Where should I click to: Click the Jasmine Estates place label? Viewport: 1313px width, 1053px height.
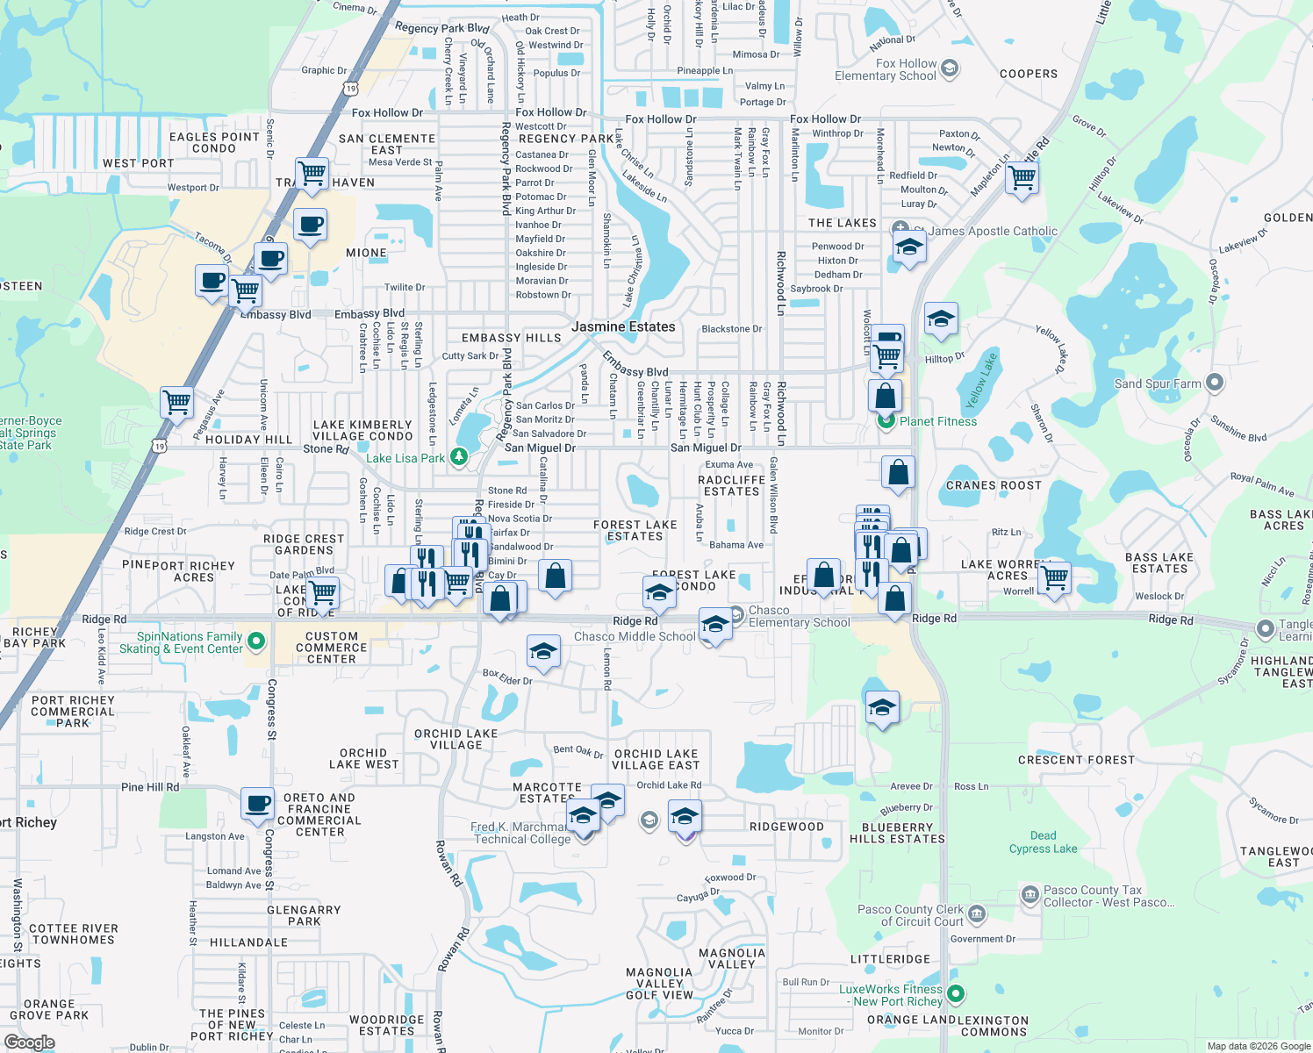(623, 326)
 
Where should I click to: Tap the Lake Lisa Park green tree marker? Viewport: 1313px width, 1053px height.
(458, 457)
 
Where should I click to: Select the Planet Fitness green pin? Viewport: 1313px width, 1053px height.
(886, 421)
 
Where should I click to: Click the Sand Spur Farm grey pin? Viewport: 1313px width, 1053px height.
(1215, 383)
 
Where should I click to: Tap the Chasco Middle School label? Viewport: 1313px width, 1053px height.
(635, 636)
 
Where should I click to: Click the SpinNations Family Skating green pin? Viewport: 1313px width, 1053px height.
(256, 641)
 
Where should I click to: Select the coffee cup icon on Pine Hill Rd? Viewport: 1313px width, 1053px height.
(257, 804)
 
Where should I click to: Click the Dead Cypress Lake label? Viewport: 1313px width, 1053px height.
(1043, 842)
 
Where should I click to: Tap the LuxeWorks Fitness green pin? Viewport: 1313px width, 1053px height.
(956, 993)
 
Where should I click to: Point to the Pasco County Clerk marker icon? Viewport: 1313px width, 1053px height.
(977, 914)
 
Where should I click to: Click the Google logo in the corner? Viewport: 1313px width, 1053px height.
(29, 1042)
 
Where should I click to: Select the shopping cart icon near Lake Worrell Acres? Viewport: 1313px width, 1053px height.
(1054, 578)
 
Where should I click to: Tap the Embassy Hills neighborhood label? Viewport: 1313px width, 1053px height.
(511, 338)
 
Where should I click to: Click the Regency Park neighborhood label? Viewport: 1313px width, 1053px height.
(566, 139)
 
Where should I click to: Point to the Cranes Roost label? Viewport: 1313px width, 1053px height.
(994, 485)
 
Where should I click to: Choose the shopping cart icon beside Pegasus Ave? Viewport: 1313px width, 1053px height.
(177, 403)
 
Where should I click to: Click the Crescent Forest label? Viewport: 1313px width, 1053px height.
(1076, 760)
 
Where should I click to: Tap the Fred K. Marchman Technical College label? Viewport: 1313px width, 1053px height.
(522, 833)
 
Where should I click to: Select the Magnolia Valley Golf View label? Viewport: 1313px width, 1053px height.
(659, 984)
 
